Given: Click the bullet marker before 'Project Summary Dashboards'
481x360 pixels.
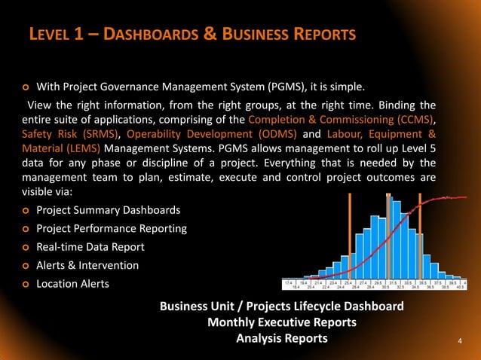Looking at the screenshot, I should click(x=25, y=210).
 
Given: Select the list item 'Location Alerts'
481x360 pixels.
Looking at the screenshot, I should click(x=73, y=283).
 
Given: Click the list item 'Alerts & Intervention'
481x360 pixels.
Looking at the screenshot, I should click(x=87, y=265).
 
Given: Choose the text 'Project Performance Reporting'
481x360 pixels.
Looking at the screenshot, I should click(x=112, y=228).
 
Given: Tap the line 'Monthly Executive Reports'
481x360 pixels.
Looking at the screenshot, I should click(x=281, y=322).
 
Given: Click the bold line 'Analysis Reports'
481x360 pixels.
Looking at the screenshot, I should click(x=281, y=338).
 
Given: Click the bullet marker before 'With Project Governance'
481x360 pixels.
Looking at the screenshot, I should click(x=25, y=85).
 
